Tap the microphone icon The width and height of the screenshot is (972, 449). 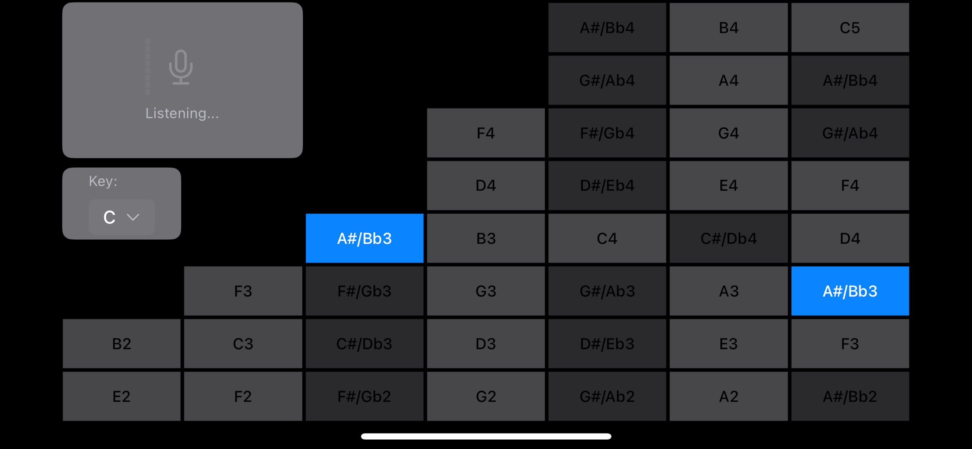[181, 67]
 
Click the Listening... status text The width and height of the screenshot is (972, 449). [182, 113]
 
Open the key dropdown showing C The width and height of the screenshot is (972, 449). [121, 217]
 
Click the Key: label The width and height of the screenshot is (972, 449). [103, 181]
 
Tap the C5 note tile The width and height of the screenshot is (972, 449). [850, 27]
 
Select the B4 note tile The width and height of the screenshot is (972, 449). [728, 27]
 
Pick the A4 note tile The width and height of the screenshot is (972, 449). [728, 80]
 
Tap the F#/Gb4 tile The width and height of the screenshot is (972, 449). [607, 133]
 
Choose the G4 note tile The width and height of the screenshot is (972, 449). [728, 133]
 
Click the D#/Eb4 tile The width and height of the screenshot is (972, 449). [607, 185]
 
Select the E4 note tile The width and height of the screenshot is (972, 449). [728, 185]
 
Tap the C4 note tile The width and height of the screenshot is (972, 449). [607, 239]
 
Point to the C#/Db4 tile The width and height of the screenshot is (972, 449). [728, 239]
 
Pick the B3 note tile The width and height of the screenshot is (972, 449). [486, 239]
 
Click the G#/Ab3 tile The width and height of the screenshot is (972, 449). [607, 291]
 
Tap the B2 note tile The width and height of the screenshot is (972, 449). [121, 344]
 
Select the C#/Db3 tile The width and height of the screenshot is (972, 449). [364, 344]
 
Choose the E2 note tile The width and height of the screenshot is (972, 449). [121, 396]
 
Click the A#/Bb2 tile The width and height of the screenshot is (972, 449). [850, 396]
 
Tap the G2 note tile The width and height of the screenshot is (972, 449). [486, 396]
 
